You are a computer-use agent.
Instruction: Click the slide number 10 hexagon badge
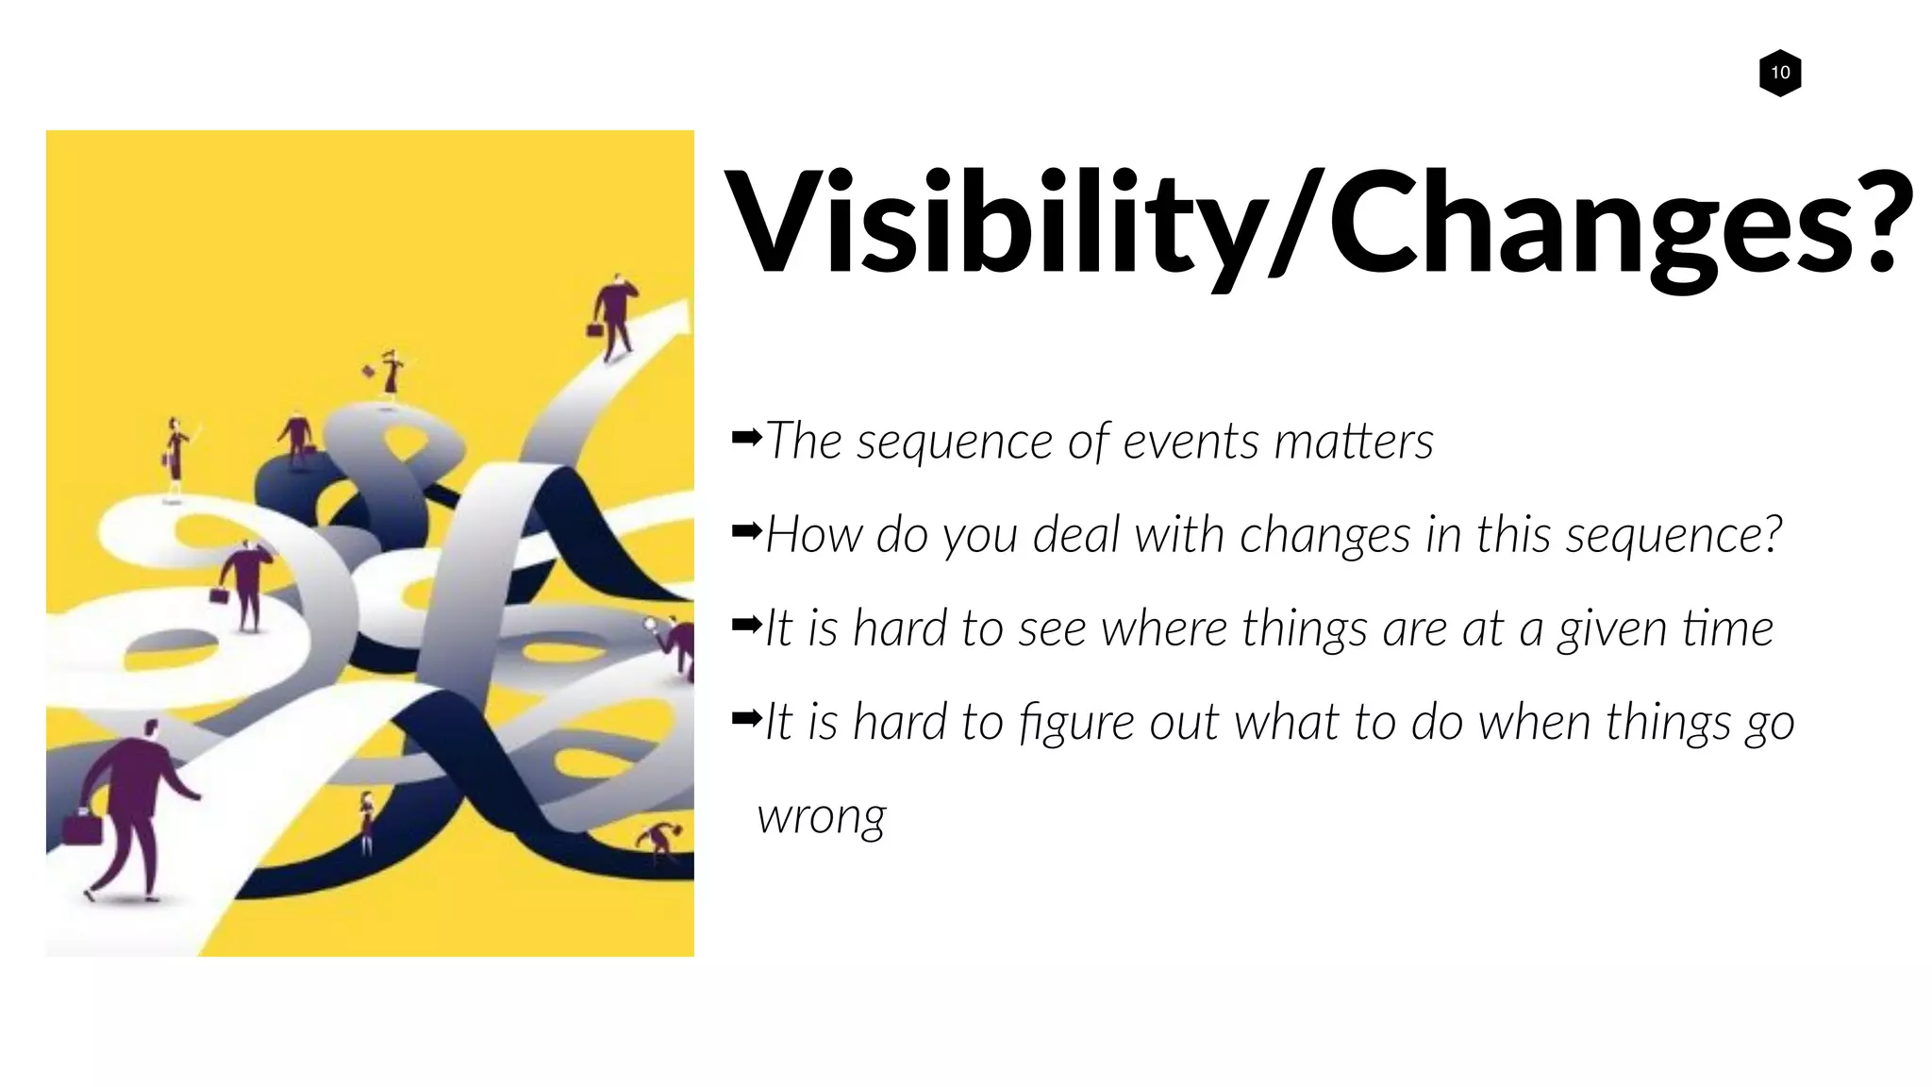click(1780, 73)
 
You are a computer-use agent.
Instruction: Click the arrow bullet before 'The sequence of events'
click(746, 437)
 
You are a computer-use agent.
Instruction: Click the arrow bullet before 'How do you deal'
click(746, 531)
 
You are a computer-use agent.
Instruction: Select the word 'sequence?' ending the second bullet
click(1674, 536)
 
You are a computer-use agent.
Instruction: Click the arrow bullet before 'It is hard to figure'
click(746, 719)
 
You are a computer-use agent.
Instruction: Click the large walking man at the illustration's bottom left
click(133, 807)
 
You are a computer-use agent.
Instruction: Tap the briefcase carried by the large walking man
click(81, 828)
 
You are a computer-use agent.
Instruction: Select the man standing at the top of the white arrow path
click(615, 315)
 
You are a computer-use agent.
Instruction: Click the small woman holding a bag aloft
click(390, 373)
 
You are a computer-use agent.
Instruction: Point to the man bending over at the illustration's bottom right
click(660, 840)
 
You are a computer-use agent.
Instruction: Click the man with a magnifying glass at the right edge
click(677, 642)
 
